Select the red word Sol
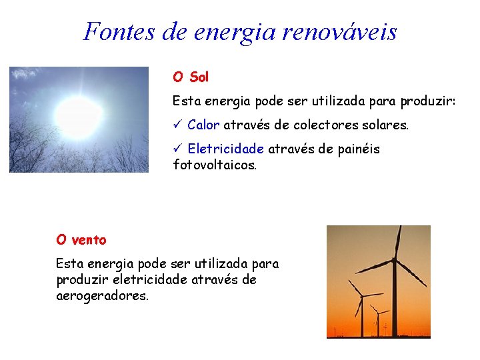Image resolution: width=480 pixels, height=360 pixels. tap(199, 77)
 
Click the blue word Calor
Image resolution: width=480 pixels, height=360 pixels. tap(203, 125)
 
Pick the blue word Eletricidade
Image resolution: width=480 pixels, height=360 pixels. tap(226, 149)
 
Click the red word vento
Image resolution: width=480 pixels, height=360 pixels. tap(90, 239)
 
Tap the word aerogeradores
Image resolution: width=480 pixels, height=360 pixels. tap(103, 295)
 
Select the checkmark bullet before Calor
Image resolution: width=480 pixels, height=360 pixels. tap(177, 125)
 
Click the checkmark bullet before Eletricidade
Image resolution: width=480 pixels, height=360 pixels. tap(177, 149)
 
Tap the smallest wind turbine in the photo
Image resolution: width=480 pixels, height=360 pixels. tap(379, 319)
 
